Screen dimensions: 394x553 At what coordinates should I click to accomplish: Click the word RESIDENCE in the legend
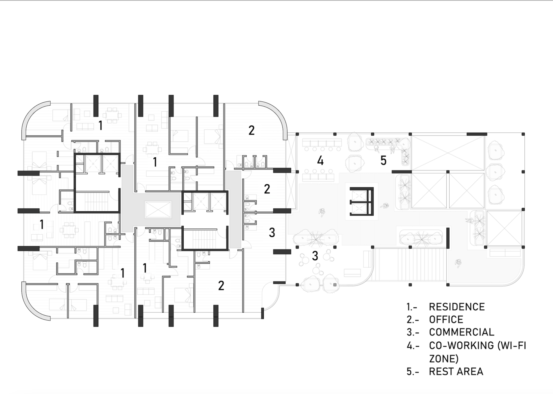tap(457, 307)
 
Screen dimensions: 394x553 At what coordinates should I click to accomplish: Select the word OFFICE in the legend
tap(446, 319)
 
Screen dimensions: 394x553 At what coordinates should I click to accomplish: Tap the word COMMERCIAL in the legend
tap(461, 332)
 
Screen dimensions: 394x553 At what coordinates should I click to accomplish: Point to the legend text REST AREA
tap(456, 371)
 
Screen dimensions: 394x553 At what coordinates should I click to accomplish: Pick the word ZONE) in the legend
tap(444, 358)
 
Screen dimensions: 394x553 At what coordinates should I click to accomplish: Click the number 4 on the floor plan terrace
tap(320, 161)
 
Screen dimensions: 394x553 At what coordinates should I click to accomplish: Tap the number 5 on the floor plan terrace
tap(383, 160)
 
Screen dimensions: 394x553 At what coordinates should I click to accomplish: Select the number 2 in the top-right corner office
tap(251, 130)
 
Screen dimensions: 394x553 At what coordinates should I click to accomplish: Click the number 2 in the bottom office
tap(221, 285)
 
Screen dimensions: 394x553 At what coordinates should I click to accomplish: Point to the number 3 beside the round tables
tap(315, 256)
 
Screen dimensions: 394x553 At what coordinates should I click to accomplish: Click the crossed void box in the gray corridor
tap(158, 209)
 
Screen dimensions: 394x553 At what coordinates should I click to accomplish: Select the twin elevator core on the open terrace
tap(361, 201)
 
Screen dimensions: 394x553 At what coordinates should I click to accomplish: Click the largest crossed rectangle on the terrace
tap(448, 152)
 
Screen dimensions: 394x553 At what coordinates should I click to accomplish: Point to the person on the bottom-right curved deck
tap(458, 262)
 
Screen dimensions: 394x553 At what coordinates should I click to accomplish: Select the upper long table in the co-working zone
tap(322, 143)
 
